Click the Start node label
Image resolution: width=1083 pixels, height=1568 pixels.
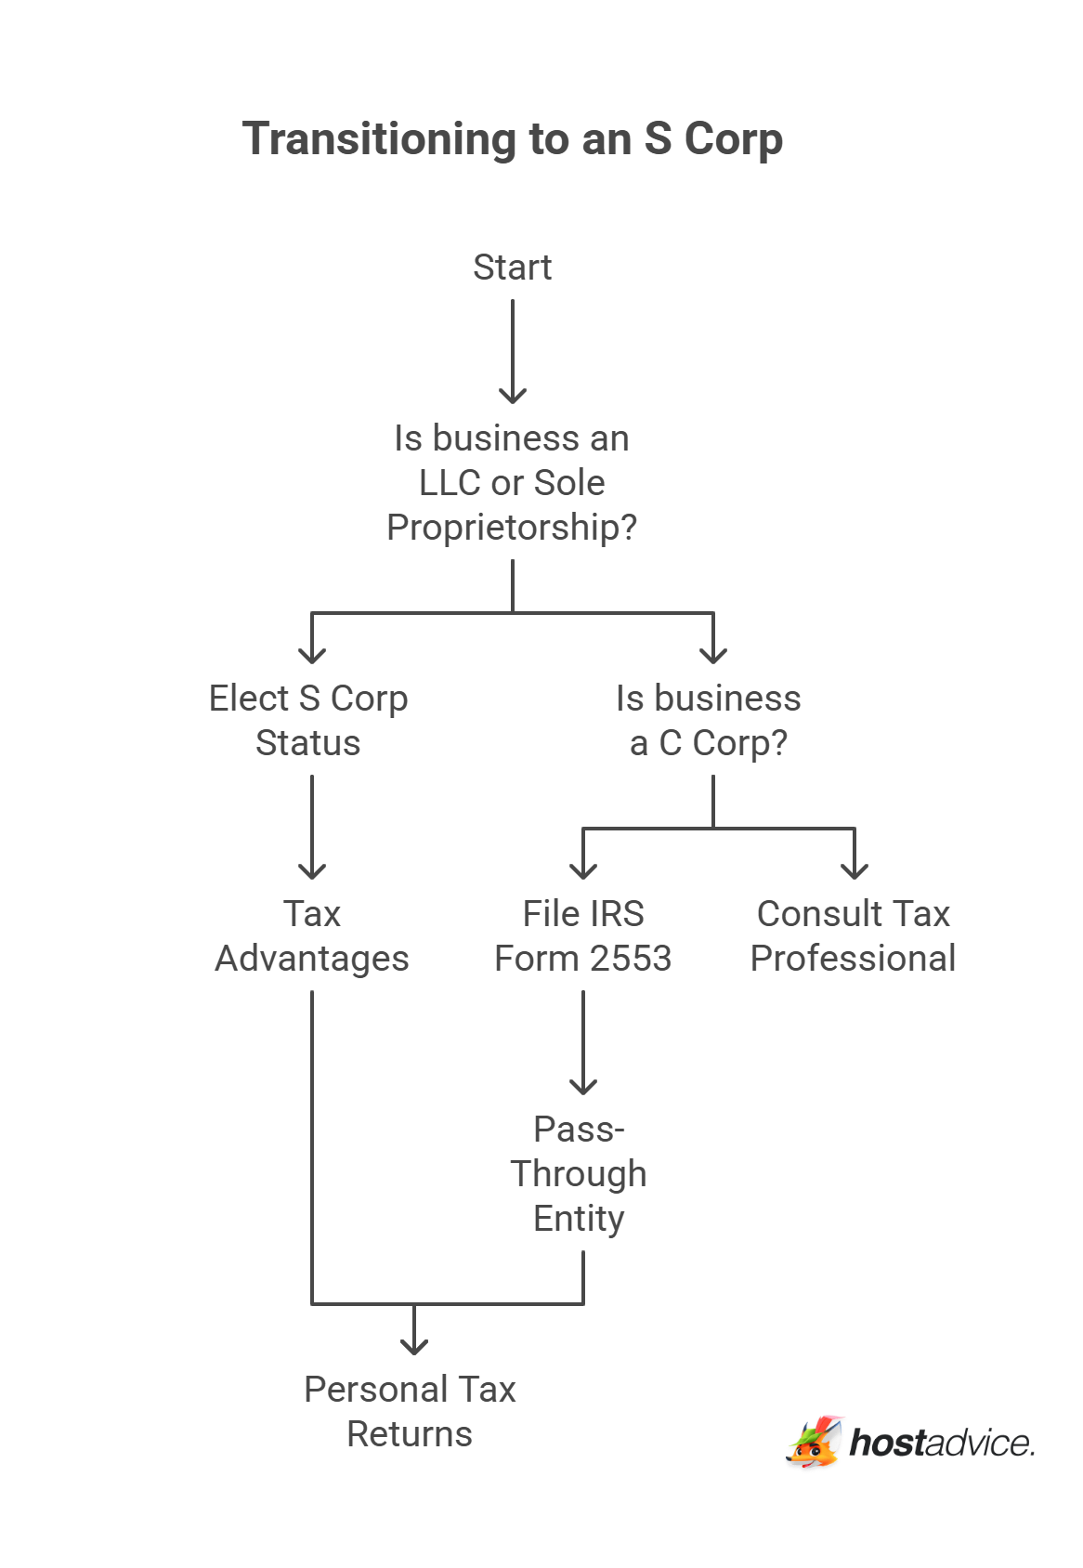(x=512, y=268)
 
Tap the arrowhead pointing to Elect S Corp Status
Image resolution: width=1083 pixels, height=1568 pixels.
(x=312, y=654)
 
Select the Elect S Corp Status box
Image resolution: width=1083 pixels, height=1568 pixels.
(x=308, y=721)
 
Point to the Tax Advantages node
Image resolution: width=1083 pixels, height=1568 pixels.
(x=312, y=936)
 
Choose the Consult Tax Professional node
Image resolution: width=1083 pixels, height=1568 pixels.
(x=853, y=936)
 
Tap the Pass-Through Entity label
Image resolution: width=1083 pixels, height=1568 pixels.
(x=579, y=1174)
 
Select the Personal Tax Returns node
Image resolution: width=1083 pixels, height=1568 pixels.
(x=410, y=1412)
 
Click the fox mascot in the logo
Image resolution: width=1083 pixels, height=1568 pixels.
(x=815, y=1443)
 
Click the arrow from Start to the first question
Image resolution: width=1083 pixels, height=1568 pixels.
(x=513, y=353)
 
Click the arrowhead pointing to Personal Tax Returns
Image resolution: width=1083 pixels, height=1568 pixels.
(x=414, y=1345)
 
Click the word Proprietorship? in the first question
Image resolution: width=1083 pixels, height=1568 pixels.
(x=512, y=528)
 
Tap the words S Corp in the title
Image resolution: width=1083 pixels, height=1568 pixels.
(x=713, y=139)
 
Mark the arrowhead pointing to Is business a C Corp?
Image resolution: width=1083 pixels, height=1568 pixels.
(x=713, y=654)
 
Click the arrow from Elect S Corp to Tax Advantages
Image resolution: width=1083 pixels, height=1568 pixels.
(x=312, y=827)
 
